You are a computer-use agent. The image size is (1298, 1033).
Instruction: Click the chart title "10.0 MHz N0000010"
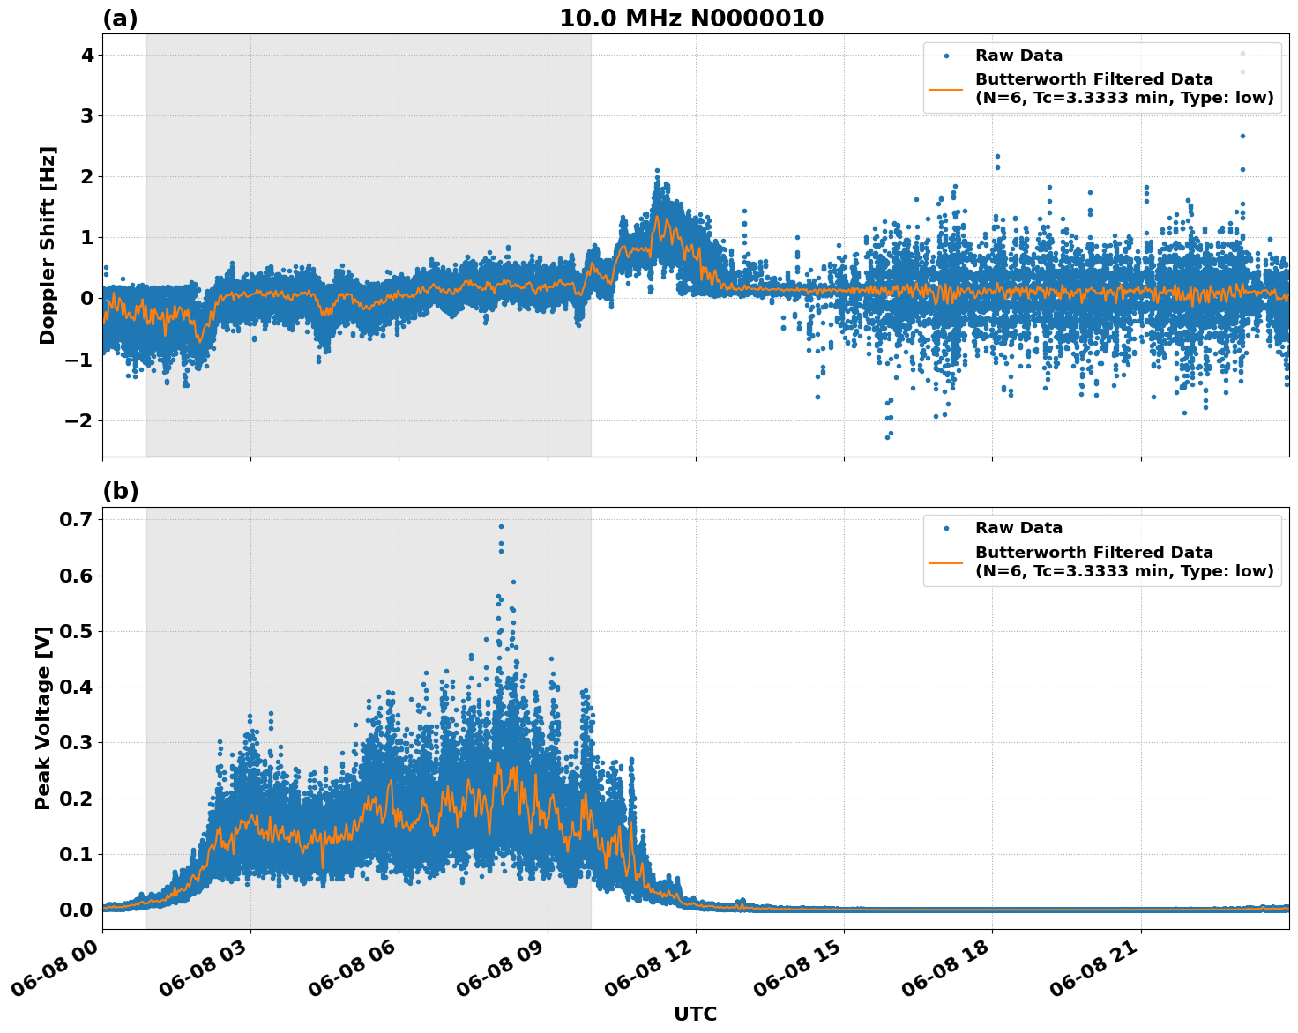691,19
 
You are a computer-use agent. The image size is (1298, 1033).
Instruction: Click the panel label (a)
120,19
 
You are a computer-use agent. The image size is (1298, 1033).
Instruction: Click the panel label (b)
120,492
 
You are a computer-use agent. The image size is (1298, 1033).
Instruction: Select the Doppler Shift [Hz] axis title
48,245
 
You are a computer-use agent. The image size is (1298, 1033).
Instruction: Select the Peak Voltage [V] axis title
43,717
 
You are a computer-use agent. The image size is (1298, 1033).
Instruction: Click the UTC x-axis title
695,1014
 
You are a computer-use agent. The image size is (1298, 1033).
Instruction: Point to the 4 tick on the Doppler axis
87,55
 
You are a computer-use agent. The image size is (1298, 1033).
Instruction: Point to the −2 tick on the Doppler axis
80,420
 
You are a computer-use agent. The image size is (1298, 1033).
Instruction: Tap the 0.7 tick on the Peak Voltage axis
75,520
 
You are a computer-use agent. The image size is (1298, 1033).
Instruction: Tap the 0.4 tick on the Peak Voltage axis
75,687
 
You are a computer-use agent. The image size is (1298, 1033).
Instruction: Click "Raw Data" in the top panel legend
1018,56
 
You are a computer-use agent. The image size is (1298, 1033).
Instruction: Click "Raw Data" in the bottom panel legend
1018,528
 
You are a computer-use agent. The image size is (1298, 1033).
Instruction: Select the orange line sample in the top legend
946,88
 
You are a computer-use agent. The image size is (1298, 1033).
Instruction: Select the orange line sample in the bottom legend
946,561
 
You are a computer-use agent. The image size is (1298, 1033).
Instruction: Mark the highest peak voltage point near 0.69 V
501,526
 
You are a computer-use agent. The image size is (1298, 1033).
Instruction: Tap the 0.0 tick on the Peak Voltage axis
75,910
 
